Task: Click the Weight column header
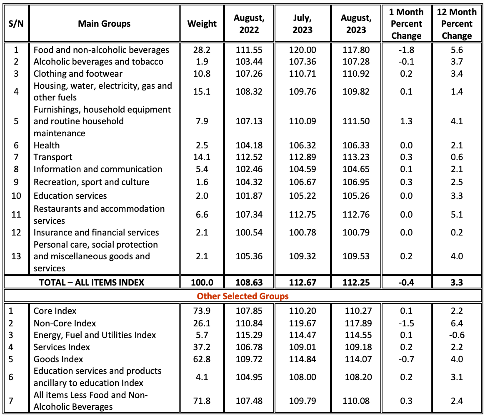[x=202, y=24]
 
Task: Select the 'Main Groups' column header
[x=104, y=24]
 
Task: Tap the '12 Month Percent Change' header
[x=457, y=24]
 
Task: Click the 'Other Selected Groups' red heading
[x=243, y=296]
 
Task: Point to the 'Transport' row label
[x=53, y=157]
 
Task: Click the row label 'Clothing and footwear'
[x=78, y=74]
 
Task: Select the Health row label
[x=47, y=145]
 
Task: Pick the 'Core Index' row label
[x=55, y=311]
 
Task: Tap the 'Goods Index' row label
[x=58, y=359]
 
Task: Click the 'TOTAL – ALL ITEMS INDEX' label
[x=92, y=282]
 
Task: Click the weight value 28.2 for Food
[x=202, y=50]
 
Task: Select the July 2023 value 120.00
[x=302, y=50]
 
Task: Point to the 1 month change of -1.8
[x=406, y=50]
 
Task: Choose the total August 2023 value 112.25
[x=356, y=282]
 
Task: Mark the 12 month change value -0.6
[x=457, y=335]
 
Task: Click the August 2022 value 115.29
[x=249, y=335]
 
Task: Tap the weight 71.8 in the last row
[x=202, y=401]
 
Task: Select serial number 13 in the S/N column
[x=16, y=256]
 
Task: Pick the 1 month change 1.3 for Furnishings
[x=406, y=121]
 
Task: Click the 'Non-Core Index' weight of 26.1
[x=202, y=323]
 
